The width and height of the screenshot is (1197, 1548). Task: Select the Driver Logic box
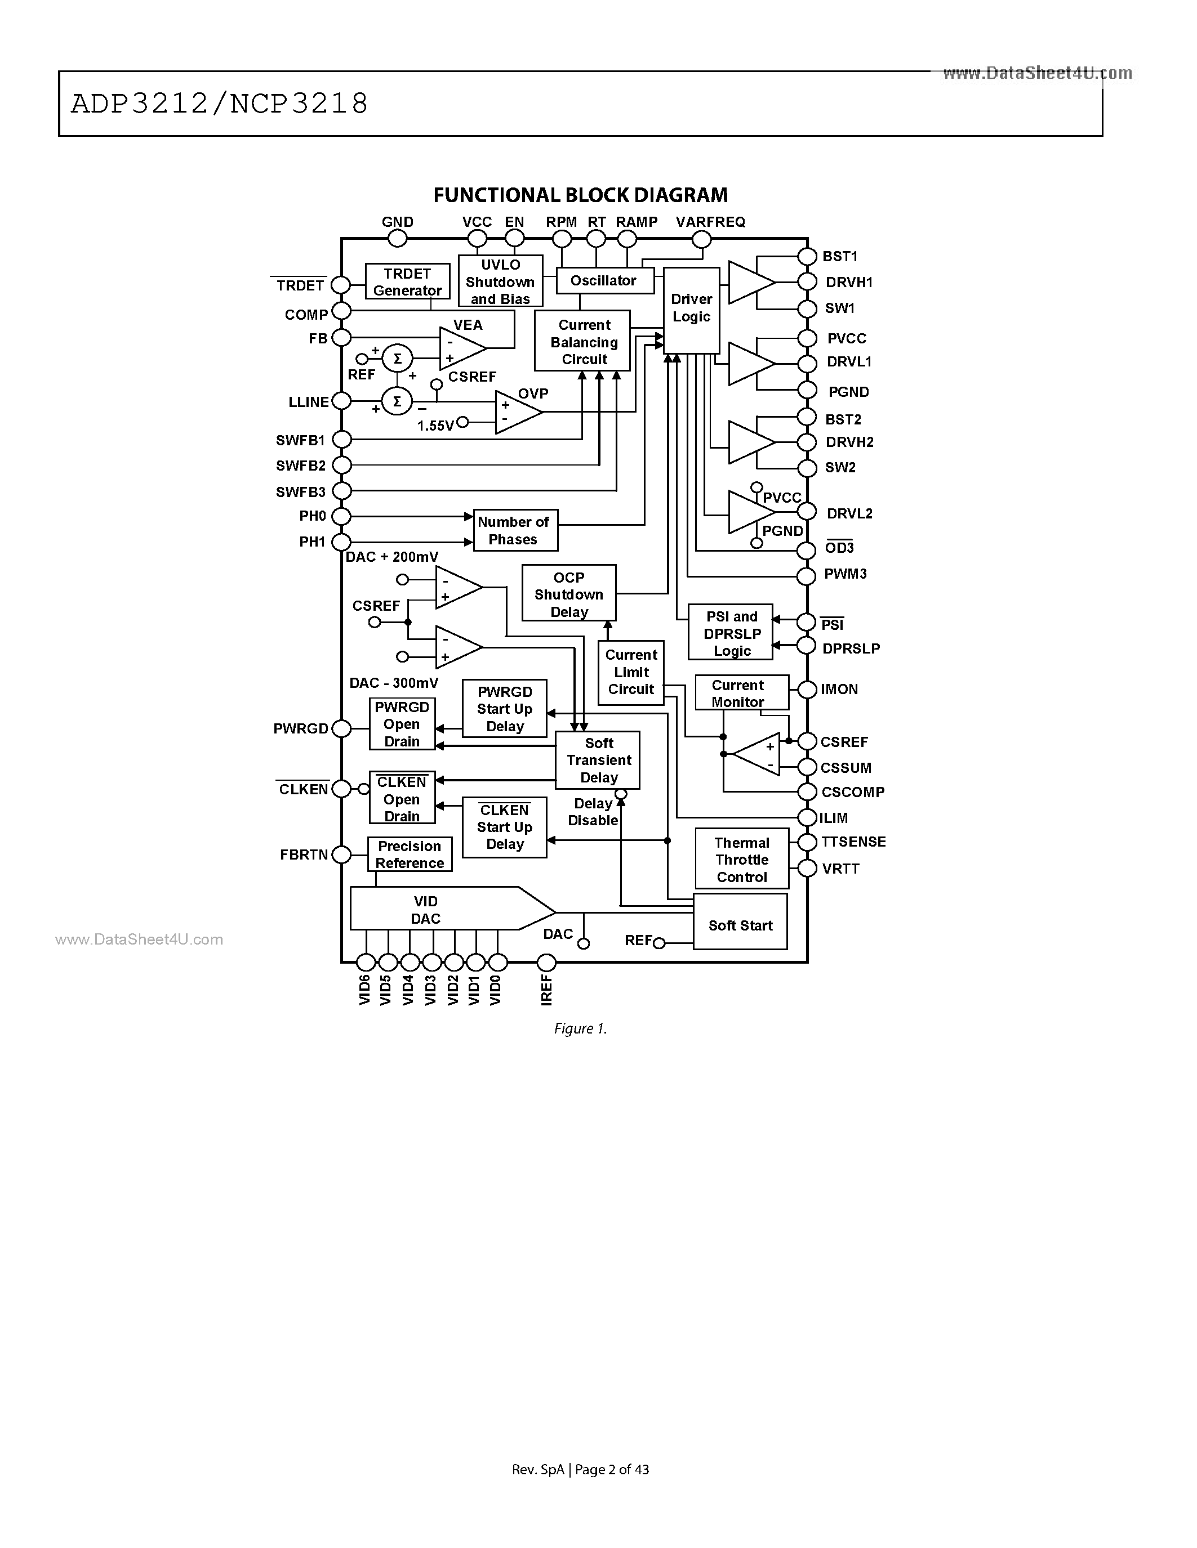(x=691, y=309)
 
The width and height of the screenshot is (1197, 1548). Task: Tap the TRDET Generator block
(x=407, y=281)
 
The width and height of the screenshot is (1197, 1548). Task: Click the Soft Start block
(x=740, y=924)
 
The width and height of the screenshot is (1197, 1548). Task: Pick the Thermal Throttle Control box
(x=742, y=859)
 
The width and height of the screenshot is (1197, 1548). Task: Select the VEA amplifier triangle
(x=460, y=348)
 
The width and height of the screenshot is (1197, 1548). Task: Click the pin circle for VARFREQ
(x=701, y=240)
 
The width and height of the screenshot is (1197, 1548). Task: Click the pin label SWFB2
(x=301, y=466)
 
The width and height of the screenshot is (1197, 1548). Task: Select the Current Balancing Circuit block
(x=583, y=342)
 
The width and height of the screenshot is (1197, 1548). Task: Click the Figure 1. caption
(x=580, y=1028)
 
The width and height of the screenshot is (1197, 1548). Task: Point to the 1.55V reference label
(x=435, y=425)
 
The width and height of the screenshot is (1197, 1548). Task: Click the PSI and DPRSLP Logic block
(x=731, y=634)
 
